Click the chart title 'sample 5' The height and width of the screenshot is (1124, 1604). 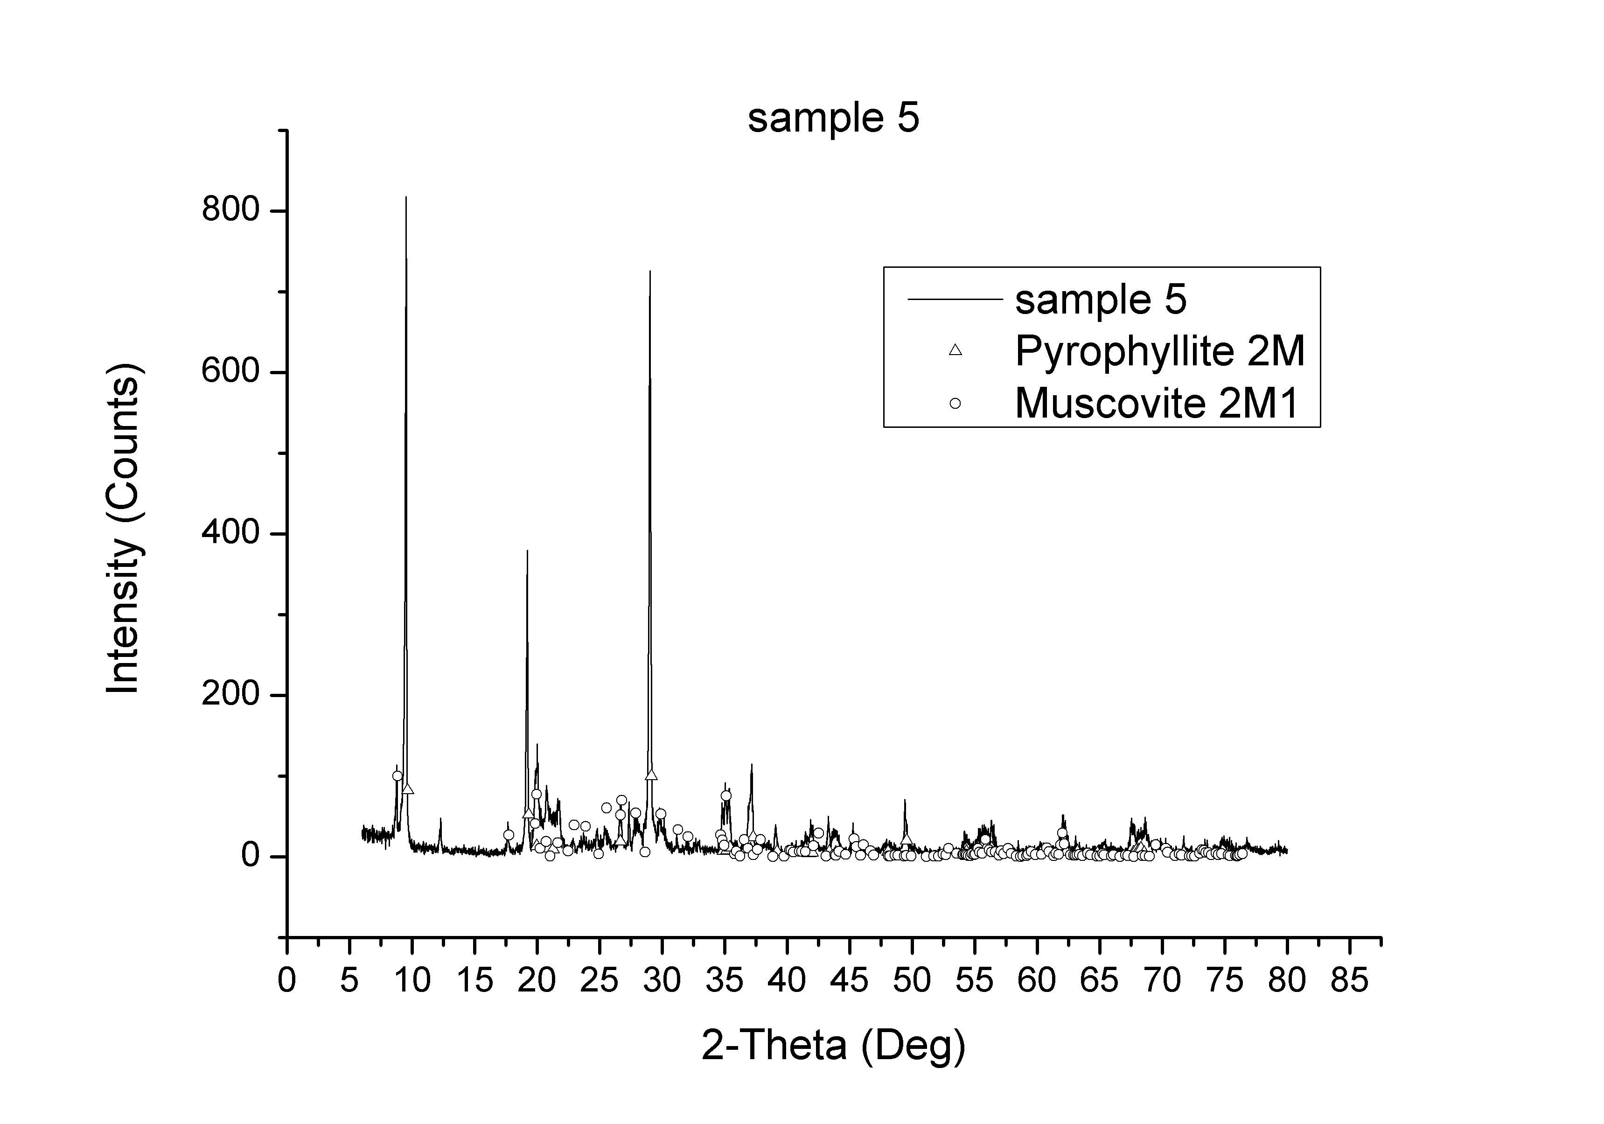pyautogui.click(x=833, y=118)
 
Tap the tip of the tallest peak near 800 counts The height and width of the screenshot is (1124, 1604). pyautogui.click(x=406, y=198)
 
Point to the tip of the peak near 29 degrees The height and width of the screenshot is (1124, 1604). pyautogui.click(x=650, y=272)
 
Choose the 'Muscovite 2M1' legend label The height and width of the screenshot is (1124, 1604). pyautogui.click(x=1156, y=403)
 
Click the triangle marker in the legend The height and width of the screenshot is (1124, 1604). pyautogui.click(x=955, y=350)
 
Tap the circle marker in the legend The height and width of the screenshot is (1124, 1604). pyautogui.click(x=955, y=403)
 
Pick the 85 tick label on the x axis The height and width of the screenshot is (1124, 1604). pyautogui.click(x=1349, y=980)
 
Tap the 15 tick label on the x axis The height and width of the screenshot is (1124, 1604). pyautogui.click(x=474, y=980)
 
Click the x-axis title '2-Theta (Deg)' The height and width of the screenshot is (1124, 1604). pyautogui.click(x=833, y=1046)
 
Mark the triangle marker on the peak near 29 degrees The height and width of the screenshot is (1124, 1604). pyautogui.click(x=651, y=774)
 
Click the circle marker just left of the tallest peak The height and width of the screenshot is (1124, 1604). pyautogui.click(x=398, y=776)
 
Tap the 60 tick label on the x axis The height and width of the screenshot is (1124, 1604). pyautogui.click(x=1037, y=980)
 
